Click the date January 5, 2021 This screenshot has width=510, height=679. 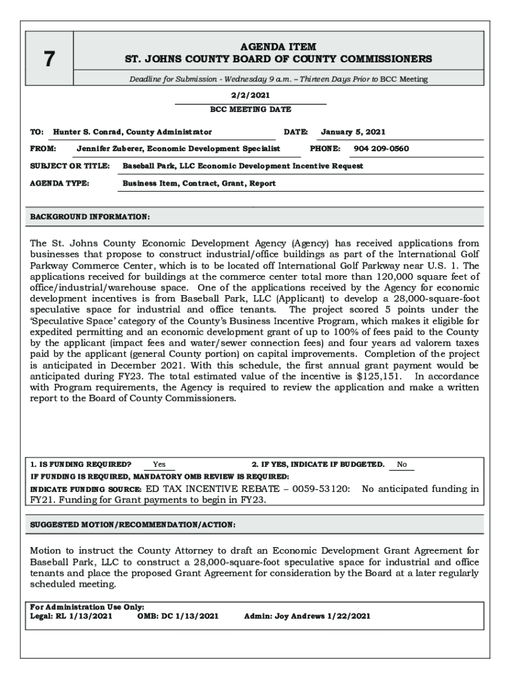click(x=353, y=132)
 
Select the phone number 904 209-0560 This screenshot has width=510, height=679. click(x=381, y=149)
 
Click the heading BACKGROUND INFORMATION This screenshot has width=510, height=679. click(x=90, y=217)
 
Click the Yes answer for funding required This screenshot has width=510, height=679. click(x=159, y=464)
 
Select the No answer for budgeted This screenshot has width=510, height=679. click(x=402, y=464)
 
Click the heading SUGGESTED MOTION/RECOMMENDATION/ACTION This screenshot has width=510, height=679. click(x=132, y=525)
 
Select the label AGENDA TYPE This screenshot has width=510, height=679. click(x=60, y=183)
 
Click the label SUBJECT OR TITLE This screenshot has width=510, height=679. click(x=70, y=166)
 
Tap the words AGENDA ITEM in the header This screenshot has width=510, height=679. click(x=278, y=47)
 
